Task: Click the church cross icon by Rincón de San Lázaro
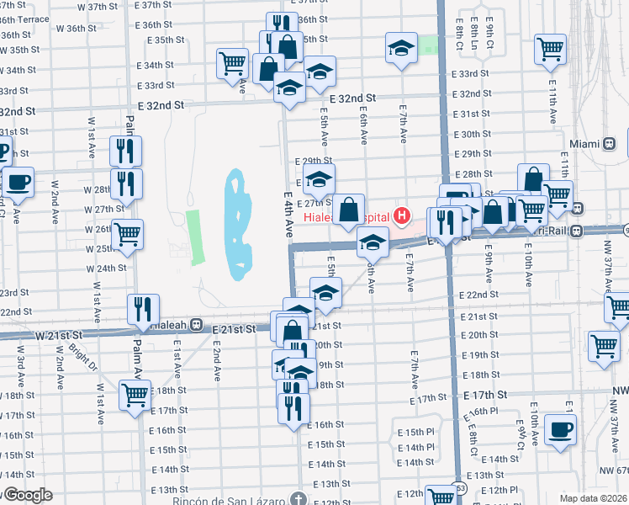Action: click(299, 500)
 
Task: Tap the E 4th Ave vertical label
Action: click(287, 215)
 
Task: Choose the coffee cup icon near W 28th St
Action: click(18, 181)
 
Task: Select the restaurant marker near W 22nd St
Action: click(142, 309)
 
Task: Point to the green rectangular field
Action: click(194, 236)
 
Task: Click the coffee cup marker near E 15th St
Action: click(560, 428)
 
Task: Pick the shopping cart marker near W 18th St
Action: click(135, 394)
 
